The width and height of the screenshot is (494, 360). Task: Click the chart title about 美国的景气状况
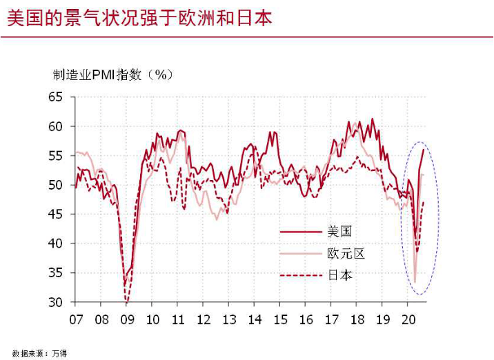pos(139,18)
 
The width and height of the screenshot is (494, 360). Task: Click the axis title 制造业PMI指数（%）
pos(112,75)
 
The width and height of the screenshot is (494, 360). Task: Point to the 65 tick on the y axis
pos(55,97)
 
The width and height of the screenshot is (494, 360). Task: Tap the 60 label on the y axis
pos(55,126)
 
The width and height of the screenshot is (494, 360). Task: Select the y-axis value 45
pos(55,214)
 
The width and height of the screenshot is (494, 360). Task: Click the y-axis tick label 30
pos(55,302)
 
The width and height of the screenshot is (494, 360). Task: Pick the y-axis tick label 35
pos(55,272)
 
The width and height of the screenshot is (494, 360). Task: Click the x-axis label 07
pos(76,320)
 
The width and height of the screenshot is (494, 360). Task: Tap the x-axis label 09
pos(127,320)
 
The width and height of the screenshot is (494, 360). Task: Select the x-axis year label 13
pos(229,320)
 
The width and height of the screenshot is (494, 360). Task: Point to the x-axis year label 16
pos(306,320)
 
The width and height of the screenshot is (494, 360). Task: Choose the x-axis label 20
pos(408,320)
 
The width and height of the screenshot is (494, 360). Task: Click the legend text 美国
pos(339,232)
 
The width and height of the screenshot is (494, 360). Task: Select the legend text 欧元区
pos(346,253)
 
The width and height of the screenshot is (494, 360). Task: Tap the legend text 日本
pos(340,275)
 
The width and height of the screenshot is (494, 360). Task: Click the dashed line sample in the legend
pos(301,276)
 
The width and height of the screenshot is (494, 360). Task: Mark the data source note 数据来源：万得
pos(40,353)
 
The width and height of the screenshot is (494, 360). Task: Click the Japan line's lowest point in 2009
pos(126,302)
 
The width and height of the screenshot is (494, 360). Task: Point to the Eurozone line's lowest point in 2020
pos(415,282)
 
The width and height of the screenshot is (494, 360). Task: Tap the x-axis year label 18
pos(357,320)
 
